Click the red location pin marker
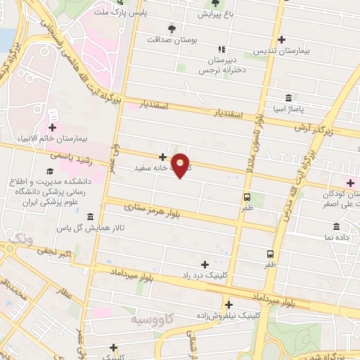point(181,165)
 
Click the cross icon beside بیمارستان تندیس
point(282,40)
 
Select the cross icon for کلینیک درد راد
point(205,265)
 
